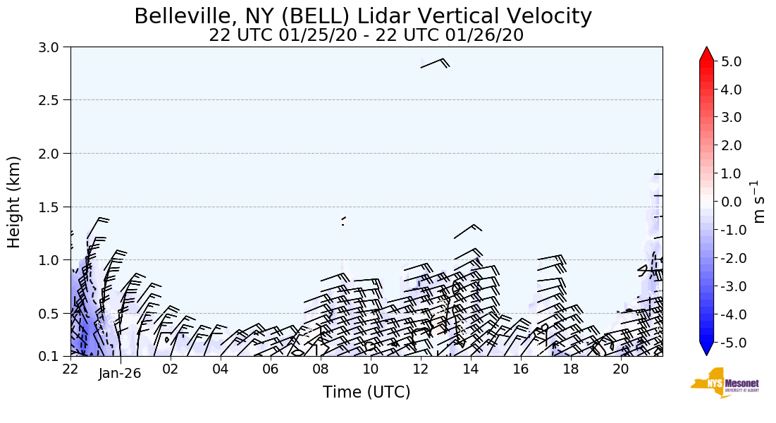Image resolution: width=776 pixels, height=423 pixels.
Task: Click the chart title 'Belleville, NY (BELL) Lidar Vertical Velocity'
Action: point(363,16)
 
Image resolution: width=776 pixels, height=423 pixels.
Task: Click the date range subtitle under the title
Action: point(366,35)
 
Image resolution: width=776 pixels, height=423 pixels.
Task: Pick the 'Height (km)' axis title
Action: point(15,202)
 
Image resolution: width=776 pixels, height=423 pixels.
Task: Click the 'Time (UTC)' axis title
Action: point(366,392)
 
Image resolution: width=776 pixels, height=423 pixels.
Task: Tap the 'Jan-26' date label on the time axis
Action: point(120,374)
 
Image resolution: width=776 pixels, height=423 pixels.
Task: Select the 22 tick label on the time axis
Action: point(70,369)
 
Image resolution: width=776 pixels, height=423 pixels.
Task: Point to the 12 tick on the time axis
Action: point(421,369)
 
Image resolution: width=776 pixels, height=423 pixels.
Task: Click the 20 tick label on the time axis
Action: point(621,369)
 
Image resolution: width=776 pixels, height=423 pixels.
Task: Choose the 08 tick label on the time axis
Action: point(321,369)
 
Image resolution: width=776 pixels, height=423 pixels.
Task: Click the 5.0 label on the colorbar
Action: point(732,61)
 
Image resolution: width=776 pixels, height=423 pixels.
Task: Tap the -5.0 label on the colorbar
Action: point(729,342)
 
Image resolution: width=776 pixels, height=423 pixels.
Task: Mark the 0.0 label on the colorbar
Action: point(732,202)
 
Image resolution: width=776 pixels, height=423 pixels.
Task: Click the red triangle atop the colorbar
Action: point(706,54)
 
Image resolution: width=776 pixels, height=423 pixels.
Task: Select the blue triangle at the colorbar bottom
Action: point(706,348)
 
